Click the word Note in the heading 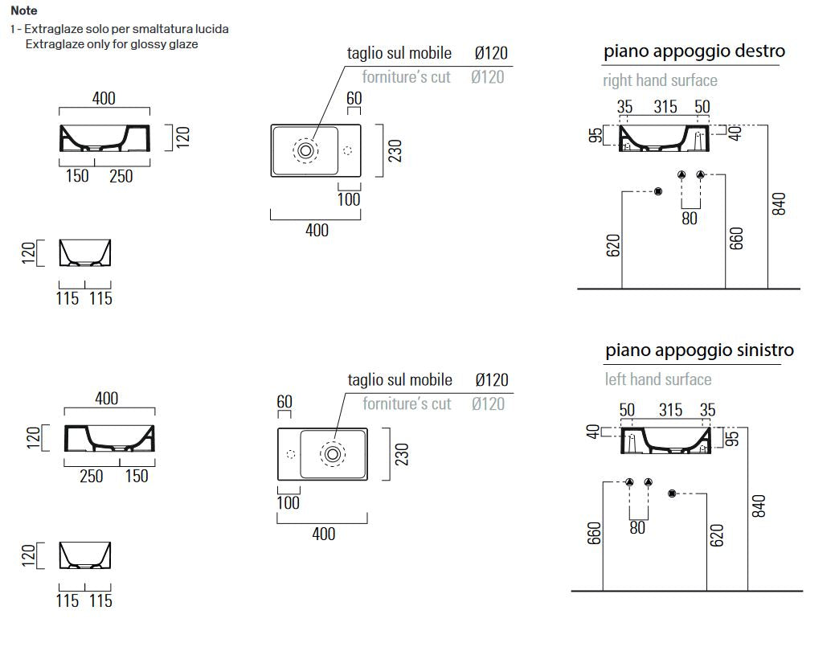pos(24,10)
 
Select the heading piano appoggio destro pos(694,51)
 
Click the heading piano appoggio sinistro pos(699,350)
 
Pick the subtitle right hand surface pos(660,80)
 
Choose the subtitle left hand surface pos(658,379)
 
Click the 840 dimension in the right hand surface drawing pos(779,204)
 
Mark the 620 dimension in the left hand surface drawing pos(717,535)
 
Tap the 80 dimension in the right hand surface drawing pos(690,219)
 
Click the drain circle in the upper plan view pos(305,150)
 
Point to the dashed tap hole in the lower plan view pos(291,454)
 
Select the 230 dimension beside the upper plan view pos(395,151)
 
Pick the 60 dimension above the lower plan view pos(284,401)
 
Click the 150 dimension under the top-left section pos(77,175)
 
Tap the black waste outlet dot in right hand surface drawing pos(658,191)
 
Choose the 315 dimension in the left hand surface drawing pos(670,410)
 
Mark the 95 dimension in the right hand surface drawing pos(595,135)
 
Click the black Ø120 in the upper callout pos(491,53)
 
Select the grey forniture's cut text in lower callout pos(407,403)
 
